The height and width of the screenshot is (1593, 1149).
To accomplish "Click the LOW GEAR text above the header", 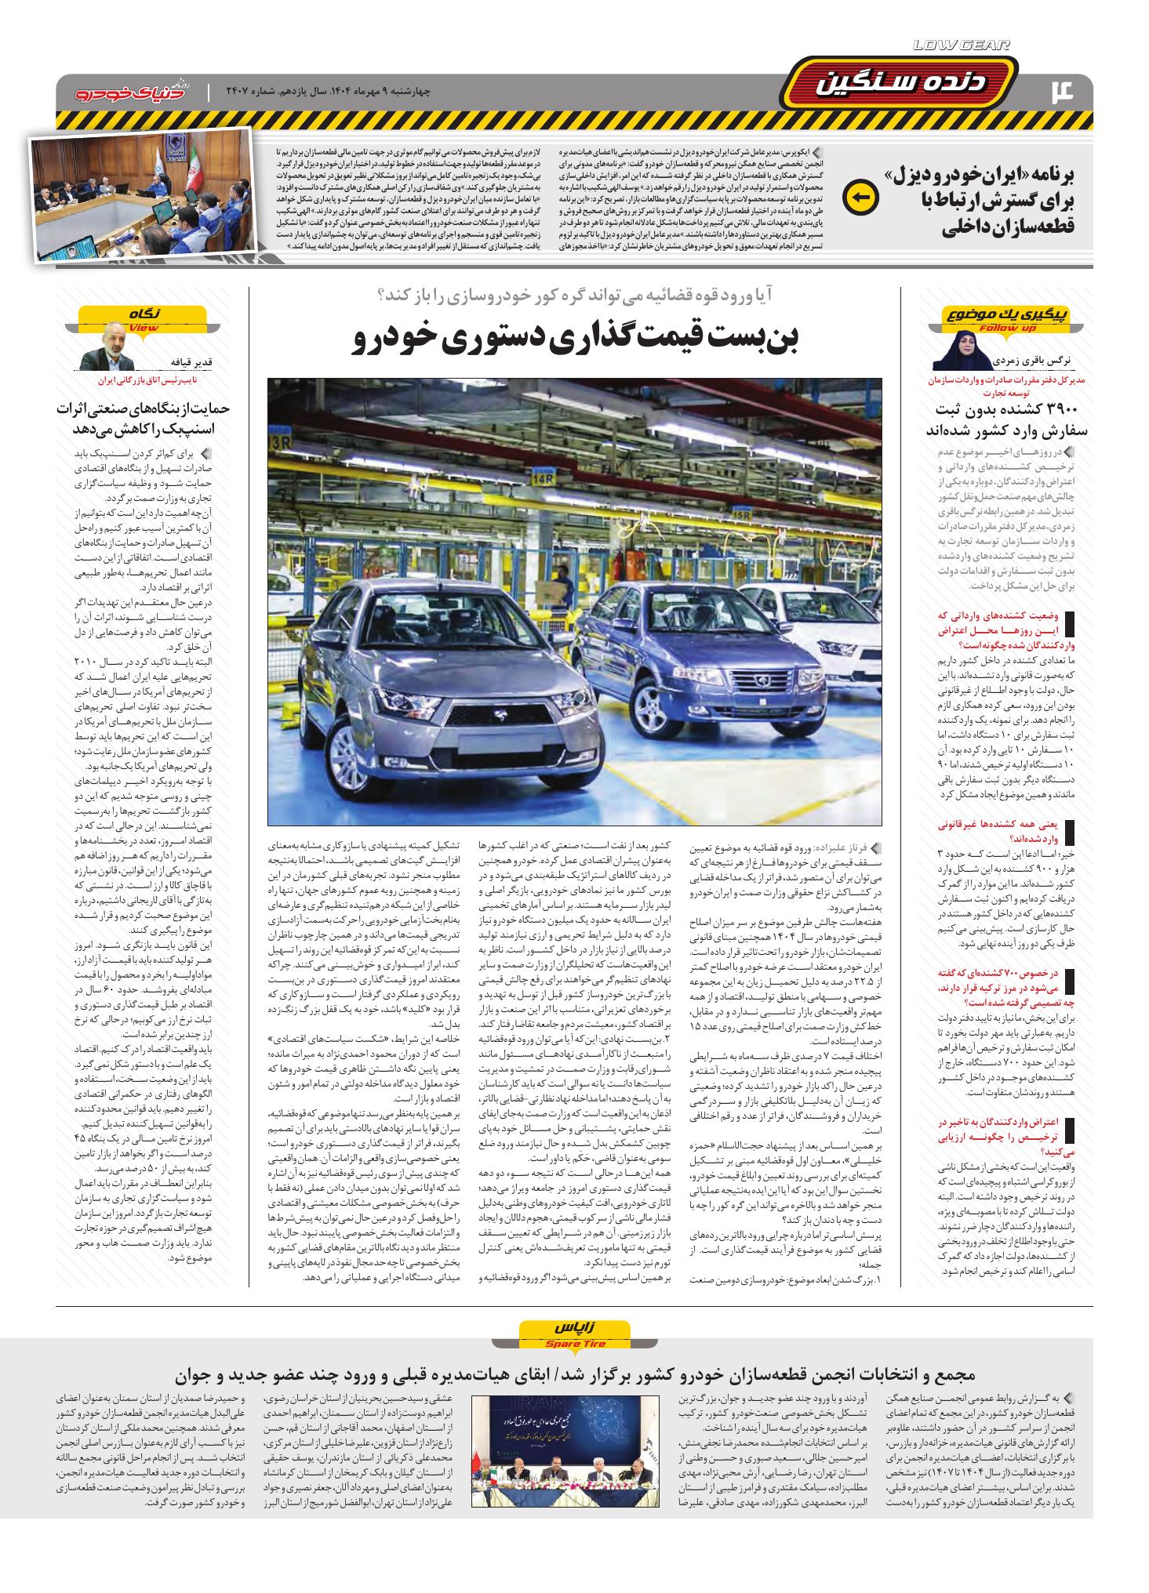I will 961,46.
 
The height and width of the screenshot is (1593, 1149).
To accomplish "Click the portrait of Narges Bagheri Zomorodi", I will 962,350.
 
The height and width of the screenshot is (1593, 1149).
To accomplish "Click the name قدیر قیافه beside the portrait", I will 187,361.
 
